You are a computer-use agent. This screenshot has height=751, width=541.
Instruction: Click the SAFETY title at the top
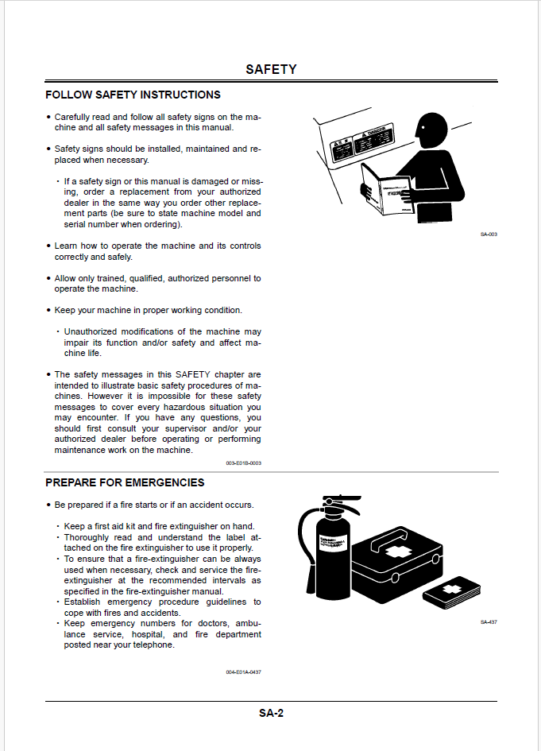coord(271,69)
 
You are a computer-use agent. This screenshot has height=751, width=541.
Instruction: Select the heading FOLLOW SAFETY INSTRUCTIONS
coord(133,95)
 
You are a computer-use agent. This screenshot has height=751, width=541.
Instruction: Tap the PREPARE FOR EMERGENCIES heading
coord(125,482)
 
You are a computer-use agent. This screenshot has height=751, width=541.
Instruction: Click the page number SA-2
coord(271,713)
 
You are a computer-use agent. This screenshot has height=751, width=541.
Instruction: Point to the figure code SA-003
coord(489,234)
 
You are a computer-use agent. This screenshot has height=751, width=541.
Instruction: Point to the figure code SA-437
coord(489,621)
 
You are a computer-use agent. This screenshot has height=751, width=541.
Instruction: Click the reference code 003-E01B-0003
coord(243,463)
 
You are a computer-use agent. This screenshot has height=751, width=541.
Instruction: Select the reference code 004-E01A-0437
coord(243,672)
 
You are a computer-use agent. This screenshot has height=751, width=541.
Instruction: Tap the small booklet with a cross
coord(451,593)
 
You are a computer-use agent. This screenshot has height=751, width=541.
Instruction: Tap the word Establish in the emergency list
coord(83,602)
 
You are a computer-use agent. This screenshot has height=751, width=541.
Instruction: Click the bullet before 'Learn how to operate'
coord(48,246)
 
